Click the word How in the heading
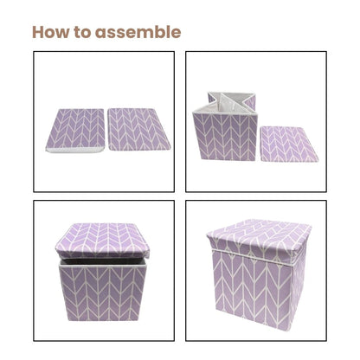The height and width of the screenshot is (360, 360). click(x=53, y=32)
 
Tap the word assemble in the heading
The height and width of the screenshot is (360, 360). click(x=139, y=32)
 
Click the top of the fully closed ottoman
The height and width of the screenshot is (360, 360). click(x=258, y=236)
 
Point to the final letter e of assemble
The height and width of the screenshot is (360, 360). click(x=177, y=32)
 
